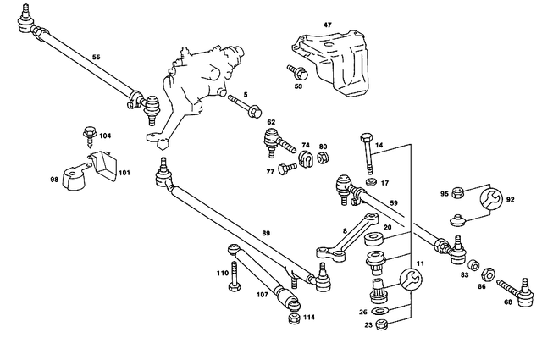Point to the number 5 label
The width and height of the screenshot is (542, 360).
(246, 95)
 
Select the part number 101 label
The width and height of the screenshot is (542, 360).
(124, 173)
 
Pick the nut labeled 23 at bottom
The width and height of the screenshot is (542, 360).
(379, 326)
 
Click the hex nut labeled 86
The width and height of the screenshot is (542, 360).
(488, 273)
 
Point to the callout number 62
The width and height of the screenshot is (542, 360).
(272, 123)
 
